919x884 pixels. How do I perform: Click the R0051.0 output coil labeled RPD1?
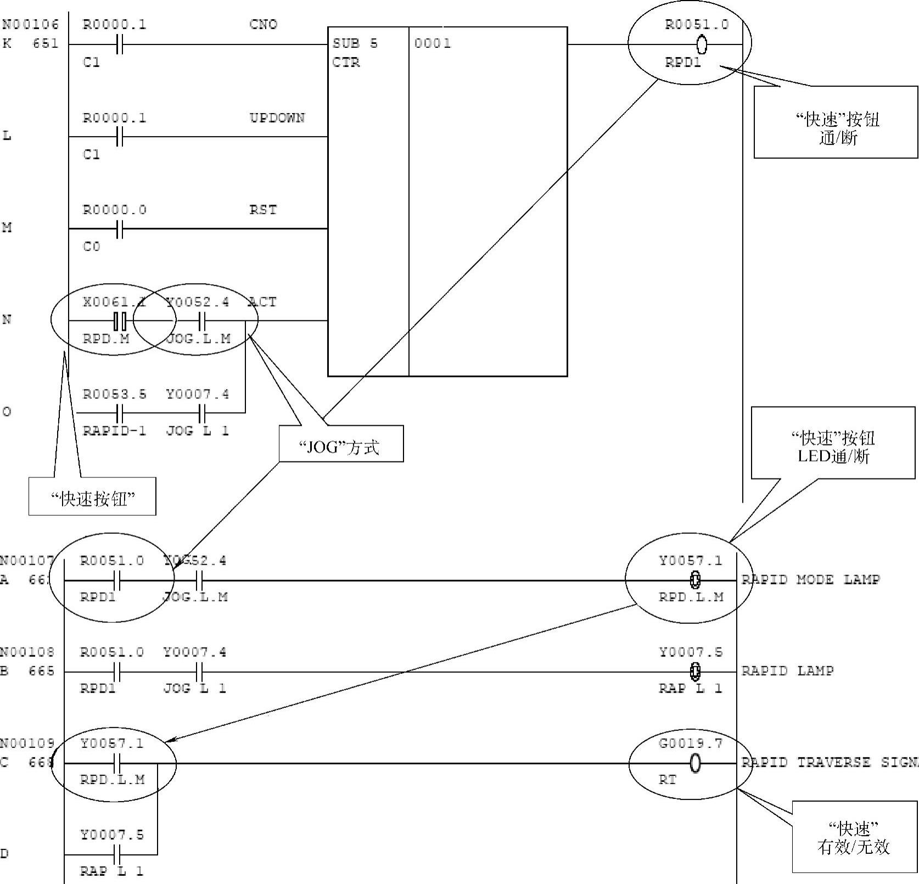(x=701, y=44)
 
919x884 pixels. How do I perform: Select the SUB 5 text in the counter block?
(x=355, y=44)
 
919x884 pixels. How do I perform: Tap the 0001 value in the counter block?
(x=433, y=44)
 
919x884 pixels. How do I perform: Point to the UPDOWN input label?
(x=277, y=118)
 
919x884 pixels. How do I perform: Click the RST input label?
(x=263, y=210)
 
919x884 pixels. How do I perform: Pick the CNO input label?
(x=263, y=25)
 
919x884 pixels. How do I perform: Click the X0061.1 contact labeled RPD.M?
(x=120, y=321)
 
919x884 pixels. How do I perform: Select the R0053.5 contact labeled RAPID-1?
(x=120, y=413)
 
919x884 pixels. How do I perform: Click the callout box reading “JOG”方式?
(x=341, y=444)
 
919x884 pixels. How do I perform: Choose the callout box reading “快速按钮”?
(x=92, y=497)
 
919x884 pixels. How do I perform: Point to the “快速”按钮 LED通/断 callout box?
(x=833, y=443)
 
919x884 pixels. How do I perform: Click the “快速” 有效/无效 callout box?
(x=854, y=837)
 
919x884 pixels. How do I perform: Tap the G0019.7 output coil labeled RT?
(x=695, y=763)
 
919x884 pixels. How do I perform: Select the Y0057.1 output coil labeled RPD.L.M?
(x=695, y=579)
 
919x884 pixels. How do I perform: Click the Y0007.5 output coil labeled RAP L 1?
(x=695, y=671)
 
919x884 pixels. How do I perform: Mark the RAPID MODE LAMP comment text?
(x=810, y=579)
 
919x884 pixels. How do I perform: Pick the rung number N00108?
(x=27, y=652)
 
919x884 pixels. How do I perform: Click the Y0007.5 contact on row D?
(x=116, y=854)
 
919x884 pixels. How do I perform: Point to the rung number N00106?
(x=30, y=25)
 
